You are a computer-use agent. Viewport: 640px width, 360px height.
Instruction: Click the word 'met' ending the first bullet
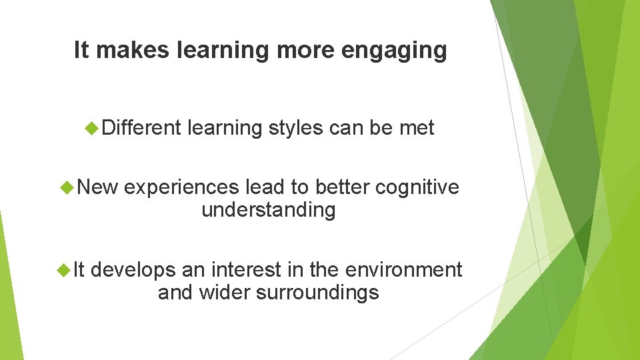coord(417,127)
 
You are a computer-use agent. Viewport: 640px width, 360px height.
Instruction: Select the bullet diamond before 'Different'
coord(93,128)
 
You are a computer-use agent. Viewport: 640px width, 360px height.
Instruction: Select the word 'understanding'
coord(268,211)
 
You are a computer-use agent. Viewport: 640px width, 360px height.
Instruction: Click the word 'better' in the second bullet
coord(343,188)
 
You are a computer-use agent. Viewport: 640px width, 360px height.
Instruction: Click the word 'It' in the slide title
coord(81,50)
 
